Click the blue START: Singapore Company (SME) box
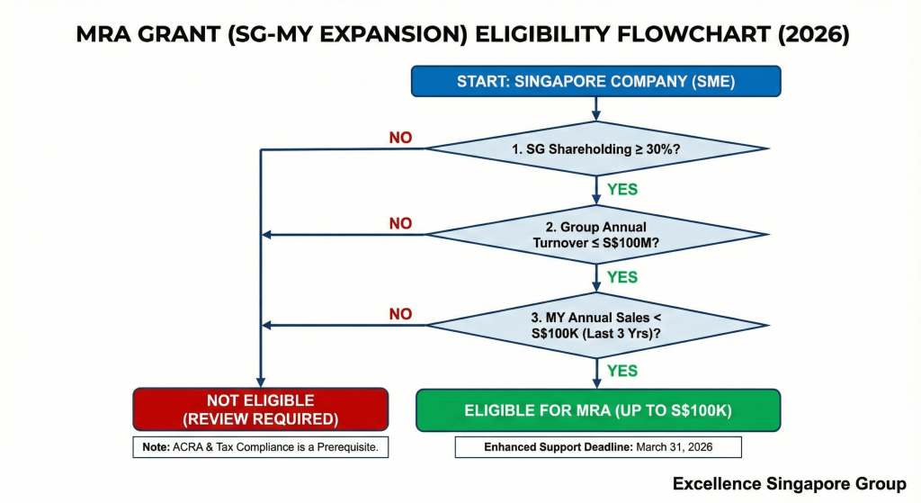pos(595,81)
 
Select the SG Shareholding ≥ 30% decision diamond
pos(595,148)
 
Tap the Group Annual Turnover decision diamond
pos(595,235)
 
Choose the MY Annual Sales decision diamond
pos(595,325)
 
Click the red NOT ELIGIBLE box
pos(261,410)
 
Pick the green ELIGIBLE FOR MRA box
pos(598,410)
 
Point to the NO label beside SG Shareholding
pos(400,138)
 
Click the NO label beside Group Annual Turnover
pos(400,222)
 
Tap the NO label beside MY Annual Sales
pos(400,314)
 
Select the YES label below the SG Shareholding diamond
pos(622,190)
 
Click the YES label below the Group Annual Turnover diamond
pos(622,277)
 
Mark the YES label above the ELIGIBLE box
pos(622,371)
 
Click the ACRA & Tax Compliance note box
pos(261,447)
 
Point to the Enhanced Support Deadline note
pos(598,447)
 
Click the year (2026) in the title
pos(809,35)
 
